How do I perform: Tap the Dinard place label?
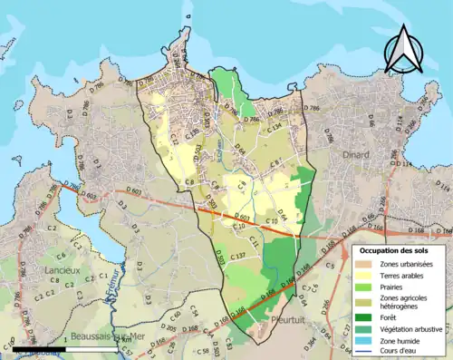click(356, 155)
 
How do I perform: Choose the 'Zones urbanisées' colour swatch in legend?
click(367, 263)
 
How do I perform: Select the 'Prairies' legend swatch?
click(367, 288)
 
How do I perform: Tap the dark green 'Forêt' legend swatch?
click(367, 316)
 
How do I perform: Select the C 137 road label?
click(237, 258)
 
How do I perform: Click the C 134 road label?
click(275, 128)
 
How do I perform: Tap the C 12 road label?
click(174, 140)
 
